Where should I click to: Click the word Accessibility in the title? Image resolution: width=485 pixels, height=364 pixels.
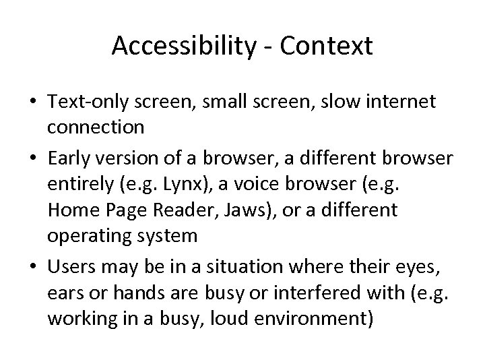pyautogui.click(x=181, y=46)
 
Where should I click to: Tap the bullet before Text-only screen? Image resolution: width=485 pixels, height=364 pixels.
pyautogui.click(x=32, y=103)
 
